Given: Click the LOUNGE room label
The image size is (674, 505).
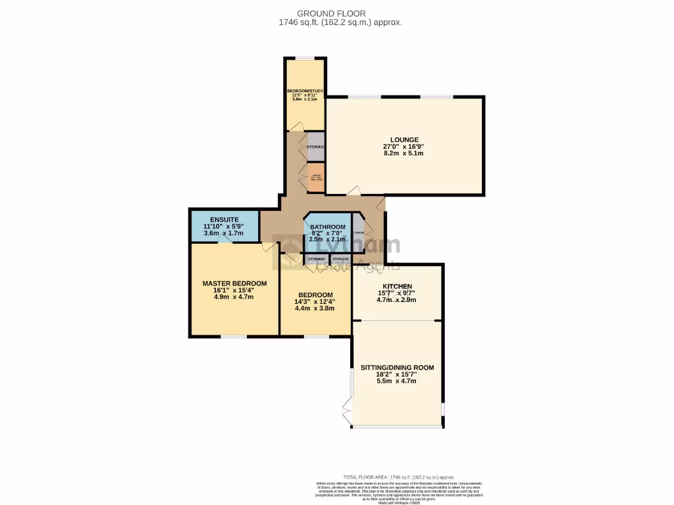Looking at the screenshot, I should pyautogui.click(x=404, y=139).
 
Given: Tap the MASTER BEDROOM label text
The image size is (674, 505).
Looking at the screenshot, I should pyautogui.click(x=234, y=283).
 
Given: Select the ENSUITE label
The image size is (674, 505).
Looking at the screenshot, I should pyautogui.click(x=224, y=219).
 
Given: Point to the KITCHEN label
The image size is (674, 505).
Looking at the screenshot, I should pyautogui.click(x=395, y=286).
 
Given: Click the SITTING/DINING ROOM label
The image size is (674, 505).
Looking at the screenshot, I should pyautogui.click(x=397, y=368).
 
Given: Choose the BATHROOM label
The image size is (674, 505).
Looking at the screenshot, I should pyautogui.click(x=327, y=227).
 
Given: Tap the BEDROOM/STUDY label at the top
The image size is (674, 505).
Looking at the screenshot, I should pyautogui.click(x=304, y=91).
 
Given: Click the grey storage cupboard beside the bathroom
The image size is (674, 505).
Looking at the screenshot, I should pyautogui.click(x=358, y=233).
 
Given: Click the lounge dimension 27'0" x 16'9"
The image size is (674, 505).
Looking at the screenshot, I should pyautogui.click(x=404, y=147).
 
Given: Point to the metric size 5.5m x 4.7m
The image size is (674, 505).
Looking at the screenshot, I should pyautogui.click(x=397, y=381).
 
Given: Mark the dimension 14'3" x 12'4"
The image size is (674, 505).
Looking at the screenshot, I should pyautogui.click(x=315, y=302).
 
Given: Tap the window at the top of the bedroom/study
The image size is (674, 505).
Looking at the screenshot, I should pyautogui.click(x=304, y=59).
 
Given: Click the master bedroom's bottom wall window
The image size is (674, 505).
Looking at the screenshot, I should pyautogui.click(x=234, y=337).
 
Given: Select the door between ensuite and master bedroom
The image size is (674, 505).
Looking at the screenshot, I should pyautogui.click(x=225, y=241).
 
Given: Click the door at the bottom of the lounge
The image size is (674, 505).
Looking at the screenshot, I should pyautogui.click(x=354, y=191).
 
